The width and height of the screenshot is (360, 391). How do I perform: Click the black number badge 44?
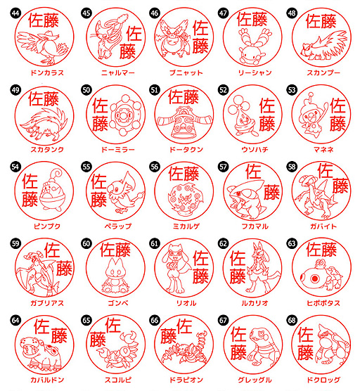coord(15,13)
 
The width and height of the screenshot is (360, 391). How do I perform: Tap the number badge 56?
coord(154,167)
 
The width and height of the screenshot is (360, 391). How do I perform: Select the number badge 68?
coord(292,320)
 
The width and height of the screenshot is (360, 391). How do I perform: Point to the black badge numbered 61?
coord(154,243)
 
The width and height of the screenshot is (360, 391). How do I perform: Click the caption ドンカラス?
coord(47,73)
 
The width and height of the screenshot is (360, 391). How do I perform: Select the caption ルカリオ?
coord(255,303)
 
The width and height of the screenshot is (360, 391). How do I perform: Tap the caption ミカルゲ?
coord(186,226)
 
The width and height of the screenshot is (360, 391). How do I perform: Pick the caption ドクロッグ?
coord(323,380)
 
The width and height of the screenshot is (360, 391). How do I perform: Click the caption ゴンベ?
coord(118,303)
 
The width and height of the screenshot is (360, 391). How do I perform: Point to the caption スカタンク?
coord(47,150)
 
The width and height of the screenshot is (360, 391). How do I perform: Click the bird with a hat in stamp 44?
coord(42,46)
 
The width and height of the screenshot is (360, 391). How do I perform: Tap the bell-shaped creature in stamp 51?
coord(184,122)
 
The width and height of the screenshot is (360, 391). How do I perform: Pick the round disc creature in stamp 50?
coord(127,115)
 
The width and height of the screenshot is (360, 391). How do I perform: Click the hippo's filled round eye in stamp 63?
coord(314,278)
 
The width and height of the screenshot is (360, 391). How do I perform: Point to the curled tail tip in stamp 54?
coord(58,172)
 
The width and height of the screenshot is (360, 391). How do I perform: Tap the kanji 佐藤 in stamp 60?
coord(115,250)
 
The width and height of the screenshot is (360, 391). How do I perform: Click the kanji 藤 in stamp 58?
coord(340,186)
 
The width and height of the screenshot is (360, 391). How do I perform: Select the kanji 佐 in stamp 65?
coord(113,325)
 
